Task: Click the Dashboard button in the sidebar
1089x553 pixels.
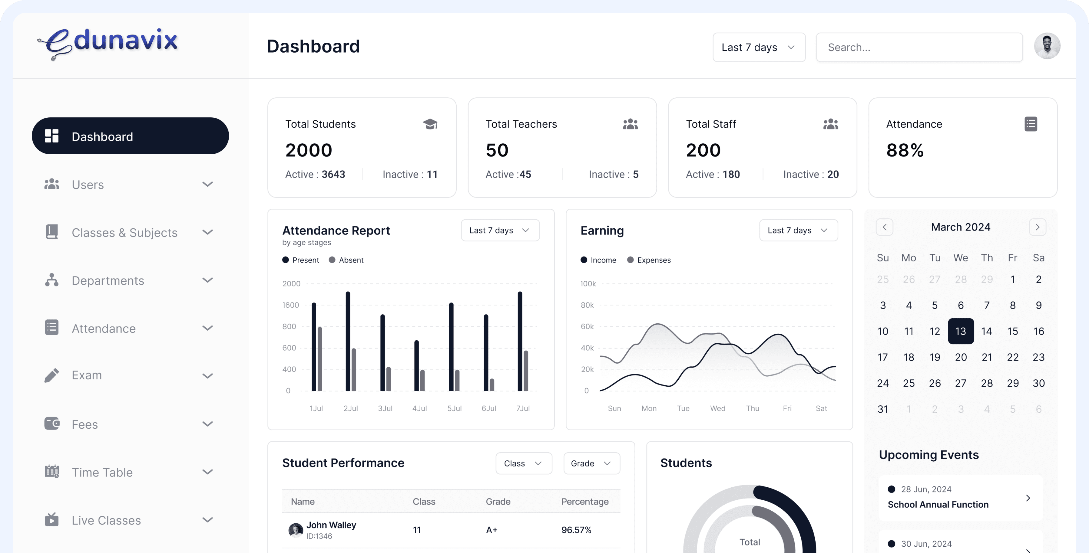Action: click(130, 136)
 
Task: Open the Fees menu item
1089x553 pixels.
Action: click(84, 424)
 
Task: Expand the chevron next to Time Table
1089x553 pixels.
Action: click(207, 472)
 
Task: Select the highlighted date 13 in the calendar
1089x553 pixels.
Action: click(961, 331)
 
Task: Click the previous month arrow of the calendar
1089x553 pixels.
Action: click(884, 227)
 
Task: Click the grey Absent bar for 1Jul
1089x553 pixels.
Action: click(320, 359)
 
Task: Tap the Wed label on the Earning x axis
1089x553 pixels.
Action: click(717, 408)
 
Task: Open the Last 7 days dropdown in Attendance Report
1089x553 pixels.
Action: click(500, 230)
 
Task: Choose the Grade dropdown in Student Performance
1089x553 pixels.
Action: click(591, 463)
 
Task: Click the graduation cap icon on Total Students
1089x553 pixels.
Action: click(430, 124)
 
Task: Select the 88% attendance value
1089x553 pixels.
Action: click(905, 150)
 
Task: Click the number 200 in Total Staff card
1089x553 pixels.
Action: click(703, 150)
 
